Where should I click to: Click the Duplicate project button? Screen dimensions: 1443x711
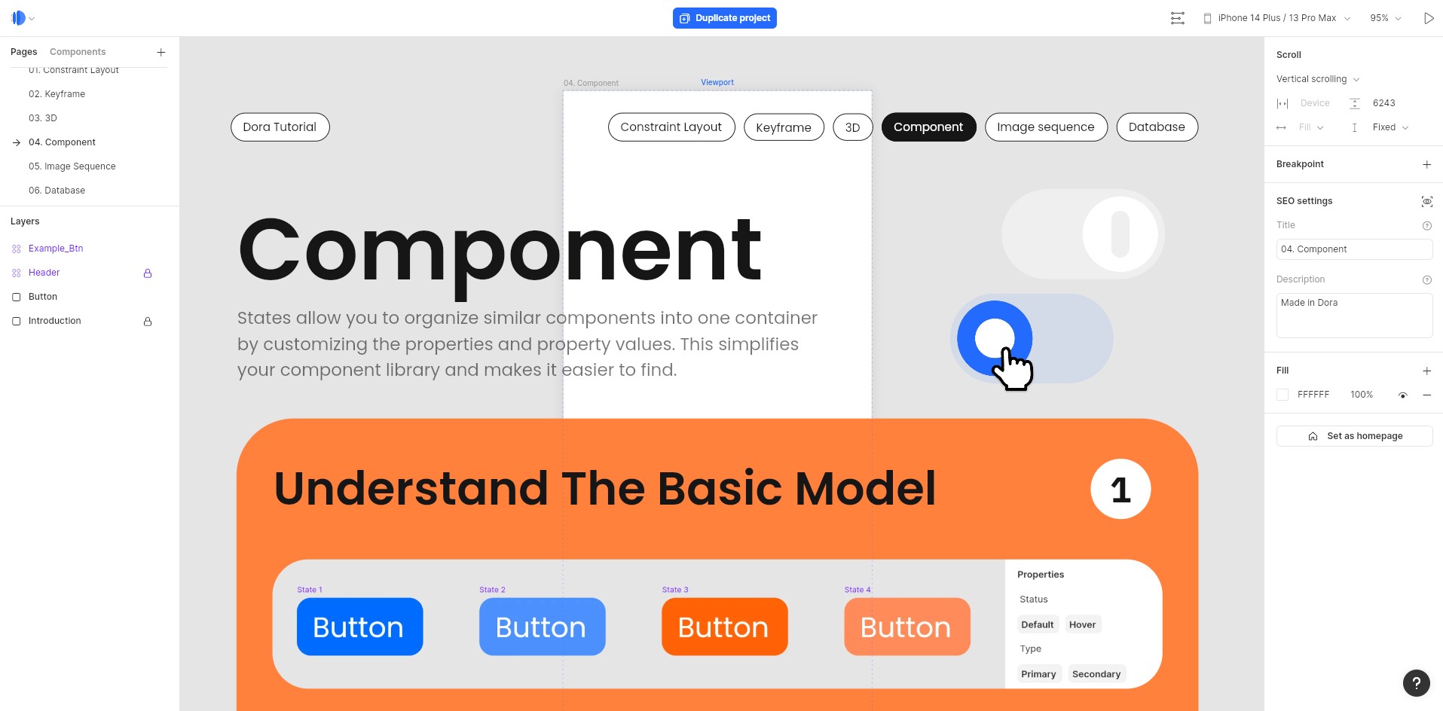click(x=724, y=18)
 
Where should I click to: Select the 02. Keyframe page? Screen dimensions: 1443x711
click(x=57, y=94)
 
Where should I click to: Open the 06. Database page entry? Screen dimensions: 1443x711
click(x=57, y=191)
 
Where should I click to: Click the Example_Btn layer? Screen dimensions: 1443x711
click(x=56, y=249)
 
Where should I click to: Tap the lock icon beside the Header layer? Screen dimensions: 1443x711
click(x=148, y=273)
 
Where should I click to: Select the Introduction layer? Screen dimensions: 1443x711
click(x=54, y=321)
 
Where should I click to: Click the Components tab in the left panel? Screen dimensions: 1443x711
click(x=78, y=52)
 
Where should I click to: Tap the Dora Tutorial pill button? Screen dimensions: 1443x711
click(x=280, y=127)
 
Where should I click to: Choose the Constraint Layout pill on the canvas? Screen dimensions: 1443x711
click(x=671, y=127)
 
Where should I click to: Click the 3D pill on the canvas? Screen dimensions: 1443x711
click(x=852, y=127)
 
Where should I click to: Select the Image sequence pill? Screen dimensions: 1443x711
click(x=1045, y=127)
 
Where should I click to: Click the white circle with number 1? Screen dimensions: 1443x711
click(x=1120, y=490)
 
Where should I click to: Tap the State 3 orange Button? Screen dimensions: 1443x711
click(x=724, y=627)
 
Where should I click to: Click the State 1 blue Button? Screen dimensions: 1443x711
click(x=359, y=627)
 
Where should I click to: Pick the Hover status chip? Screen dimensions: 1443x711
click(x=1082, y=624)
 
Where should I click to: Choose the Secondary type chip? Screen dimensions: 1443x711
click(x=1096, y=674)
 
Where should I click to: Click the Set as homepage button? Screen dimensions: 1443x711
click(x=1354, y=436)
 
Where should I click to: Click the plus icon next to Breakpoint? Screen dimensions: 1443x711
click(x=1426, y=164)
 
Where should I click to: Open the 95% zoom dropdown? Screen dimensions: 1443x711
click(x=1385, y=18)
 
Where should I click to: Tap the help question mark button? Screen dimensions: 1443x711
click(x=1416, y=683)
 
